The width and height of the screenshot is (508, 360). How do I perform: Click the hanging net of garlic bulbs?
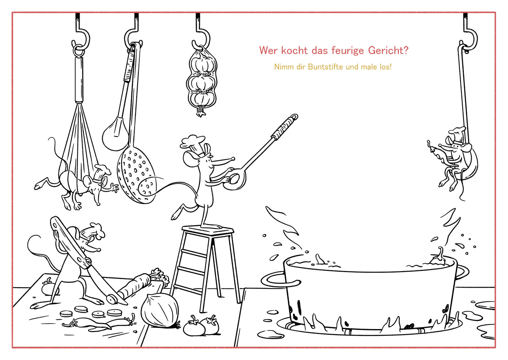click(202, 80)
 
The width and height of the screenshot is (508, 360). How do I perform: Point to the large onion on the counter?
click(160, 310)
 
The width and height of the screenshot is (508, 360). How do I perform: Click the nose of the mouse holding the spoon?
click(232, 159)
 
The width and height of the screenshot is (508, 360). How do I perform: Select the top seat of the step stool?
click(207, 230)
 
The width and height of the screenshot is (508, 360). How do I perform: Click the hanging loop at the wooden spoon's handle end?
click(294, 117)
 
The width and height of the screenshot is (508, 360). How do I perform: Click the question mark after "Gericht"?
click(406, 50)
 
